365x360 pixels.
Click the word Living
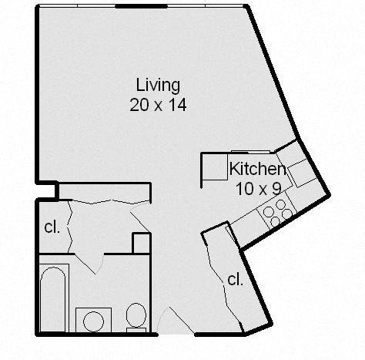click(158, 84)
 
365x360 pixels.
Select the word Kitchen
click(258, 169)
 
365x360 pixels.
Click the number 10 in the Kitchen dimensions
click(243, 187)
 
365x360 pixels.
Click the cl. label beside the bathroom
click(52, 227)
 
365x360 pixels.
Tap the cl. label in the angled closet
click(235, 279)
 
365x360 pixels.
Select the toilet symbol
click(136, 315)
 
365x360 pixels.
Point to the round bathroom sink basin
click(94, 321)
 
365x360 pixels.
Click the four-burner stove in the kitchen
click(276, 211)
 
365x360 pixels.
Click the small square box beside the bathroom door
click(140, 243)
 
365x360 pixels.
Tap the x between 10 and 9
click(260, 187)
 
